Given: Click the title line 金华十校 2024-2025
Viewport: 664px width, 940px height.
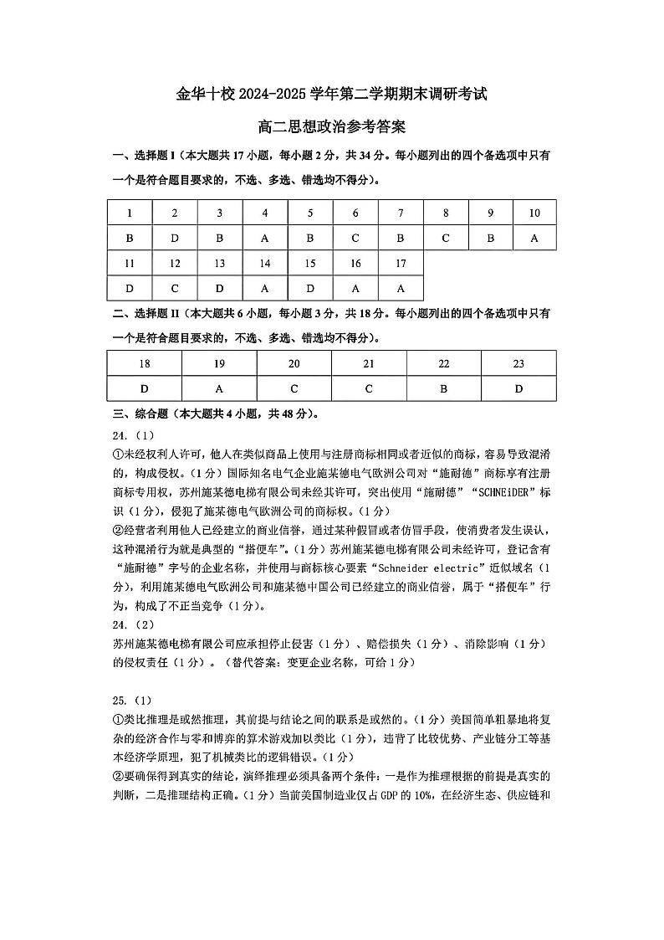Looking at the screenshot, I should click(x=331, y=95).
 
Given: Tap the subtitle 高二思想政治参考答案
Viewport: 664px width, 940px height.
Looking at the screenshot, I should click(x=331, y=127).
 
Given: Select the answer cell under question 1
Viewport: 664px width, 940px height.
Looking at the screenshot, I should click(x=130, y=238).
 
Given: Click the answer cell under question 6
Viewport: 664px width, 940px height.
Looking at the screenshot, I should click(x=355, y=238).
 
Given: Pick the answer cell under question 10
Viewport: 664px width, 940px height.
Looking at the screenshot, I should click(x=534, y=238).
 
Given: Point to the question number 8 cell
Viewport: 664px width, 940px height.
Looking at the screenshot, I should click(x=446, y=213).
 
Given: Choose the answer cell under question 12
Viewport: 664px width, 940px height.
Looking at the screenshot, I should click(x=175, y=288).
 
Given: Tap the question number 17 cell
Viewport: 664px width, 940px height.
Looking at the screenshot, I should click(x=401, y=263).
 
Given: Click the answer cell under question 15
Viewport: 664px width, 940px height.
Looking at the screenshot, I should click(x=310, y=288).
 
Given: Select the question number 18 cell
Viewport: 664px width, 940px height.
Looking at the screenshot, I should click(x=145, y=363).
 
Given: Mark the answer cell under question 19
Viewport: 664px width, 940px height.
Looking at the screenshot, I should click(x=219, y=388).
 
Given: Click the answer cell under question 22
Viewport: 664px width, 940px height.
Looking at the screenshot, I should click(x=444, y=388).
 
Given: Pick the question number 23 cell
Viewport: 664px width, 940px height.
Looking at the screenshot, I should click(x=518, y=363).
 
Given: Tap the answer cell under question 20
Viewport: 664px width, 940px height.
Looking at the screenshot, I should click(x=294, y=388).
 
